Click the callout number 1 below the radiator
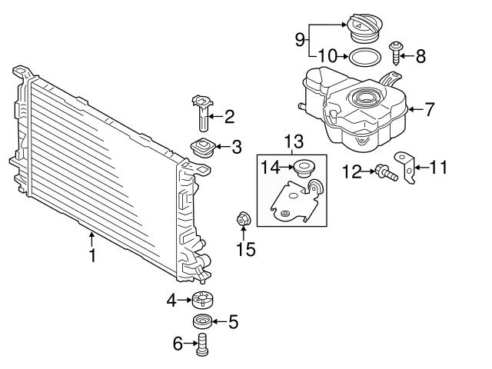92,255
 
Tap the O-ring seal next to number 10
365,57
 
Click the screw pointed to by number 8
395,53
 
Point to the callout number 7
429,109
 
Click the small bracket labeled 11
406,167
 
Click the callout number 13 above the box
294,141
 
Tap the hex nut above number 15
243,218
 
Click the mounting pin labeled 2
202,113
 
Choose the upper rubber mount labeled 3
203,148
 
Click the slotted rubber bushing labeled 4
202,300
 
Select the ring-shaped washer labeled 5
202,322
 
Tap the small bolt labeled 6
203,344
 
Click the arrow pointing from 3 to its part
222,147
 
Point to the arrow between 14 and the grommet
287,168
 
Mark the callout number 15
246,249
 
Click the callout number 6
178,344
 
